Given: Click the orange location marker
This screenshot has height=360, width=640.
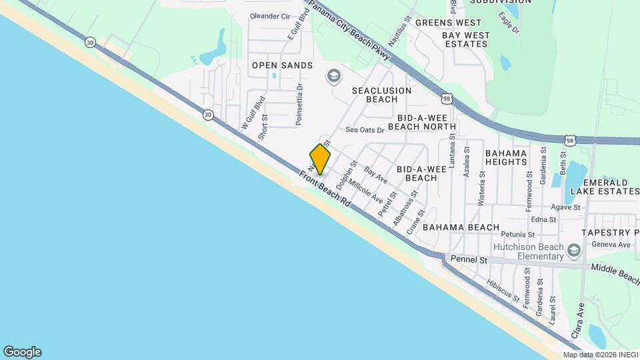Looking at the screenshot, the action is pos(320,159).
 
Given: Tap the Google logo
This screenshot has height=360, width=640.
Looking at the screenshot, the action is pos(22,352).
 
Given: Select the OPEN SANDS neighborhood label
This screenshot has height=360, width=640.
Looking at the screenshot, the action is pos(282,65).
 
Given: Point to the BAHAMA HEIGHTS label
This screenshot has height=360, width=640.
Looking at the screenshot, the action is pos(506,157).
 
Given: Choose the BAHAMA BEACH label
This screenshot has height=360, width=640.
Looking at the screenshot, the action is pos(460,227).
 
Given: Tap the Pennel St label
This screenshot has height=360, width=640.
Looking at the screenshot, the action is pos(469,259).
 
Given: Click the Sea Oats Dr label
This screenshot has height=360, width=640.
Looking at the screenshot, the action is pos(365,131).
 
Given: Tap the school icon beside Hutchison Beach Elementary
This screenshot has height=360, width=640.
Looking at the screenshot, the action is pos(575,251).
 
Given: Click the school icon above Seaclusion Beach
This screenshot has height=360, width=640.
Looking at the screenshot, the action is pos(333,76).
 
